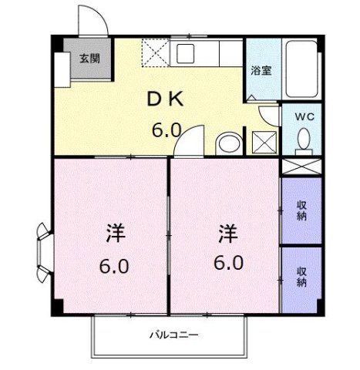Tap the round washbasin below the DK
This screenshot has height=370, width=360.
point(227,143)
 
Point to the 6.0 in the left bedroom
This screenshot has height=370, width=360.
point(113,267)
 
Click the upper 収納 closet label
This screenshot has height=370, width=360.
point(302,210)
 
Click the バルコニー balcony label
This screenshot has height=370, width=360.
point(174,335)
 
